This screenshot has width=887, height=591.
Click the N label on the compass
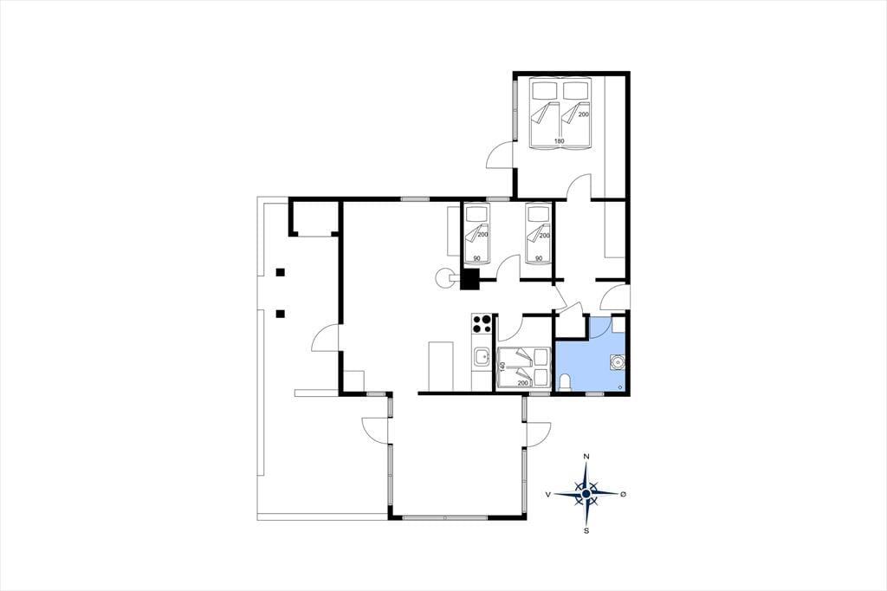(586, 457)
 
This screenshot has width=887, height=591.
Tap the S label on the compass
(586, 530)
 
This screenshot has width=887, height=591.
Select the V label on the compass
(548, 494)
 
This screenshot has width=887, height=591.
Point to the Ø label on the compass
(624, 494)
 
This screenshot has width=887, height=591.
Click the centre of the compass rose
(586, 494)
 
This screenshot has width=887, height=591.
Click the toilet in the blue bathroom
(564, 383)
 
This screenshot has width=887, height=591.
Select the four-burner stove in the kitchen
(482, 323)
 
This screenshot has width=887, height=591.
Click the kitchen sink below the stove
(482, 358)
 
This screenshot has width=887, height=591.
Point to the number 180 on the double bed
(559, 141)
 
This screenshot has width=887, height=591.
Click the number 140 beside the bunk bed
(502, 367)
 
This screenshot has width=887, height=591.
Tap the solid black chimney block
(470, 279)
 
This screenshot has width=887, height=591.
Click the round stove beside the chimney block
(445, 277)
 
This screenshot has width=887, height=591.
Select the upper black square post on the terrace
(280, 272)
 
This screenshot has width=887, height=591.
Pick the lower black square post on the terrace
(280, 314)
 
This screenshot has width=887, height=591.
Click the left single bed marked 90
(477, 235)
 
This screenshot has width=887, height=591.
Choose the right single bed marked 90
(539, 234)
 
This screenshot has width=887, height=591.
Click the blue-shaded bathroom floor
(590, 362)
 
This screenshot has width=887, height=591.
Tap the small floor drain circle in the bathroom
(620, 387)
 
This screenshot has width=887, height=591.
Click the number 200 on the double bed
(583, 114)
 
